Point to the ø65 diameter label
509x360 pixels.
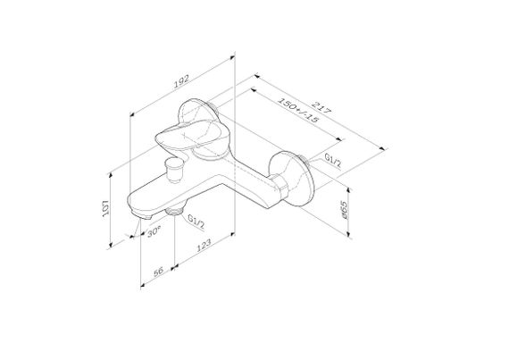point(345,211)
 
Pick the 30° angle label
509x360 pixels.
point(154,230)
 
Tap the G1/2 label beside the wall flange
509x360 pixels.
point(335,161)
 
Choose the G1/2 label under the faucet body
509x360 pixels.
point(196,221)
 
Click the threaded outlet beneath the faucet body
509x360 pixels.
point(173,214)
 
